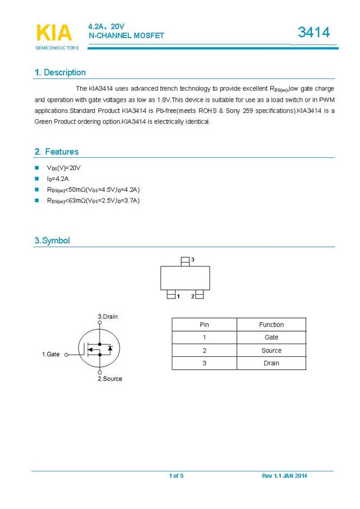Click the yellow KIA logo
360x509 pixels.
point(53,33)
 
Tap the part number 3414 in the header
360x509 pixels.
point(314,33)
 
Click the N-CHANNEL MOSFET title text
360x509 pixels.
point(126,35)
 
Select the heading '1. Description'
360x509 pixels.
point(60,72)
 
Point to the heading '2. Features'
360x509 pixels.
point(57,152)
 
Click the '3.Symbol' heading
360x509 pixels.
point(52,240)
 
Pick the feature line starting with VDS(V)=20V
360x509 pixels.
point(64,168)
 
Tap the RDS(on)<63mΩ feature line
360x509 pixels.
point(94,201)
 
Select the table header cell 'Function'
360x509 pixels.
point(271,325)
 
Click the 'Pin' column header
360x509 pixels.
point(204,325)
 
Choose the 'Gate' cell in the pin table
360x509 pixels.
point(271,338)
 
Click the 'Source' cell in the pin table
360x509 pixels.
point(271,351)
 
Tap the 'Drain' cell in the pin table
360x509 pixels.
point(271,363)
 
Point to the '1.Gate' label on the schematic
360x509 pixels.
point(51,354)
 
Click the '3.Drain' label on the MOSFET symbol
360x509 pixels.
point(108,316)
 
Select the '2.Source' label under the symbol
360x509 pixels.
point(110,378)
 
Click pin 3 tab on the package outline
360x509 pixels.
point(185,261)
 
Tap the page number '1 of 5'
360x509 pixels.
point(176,476)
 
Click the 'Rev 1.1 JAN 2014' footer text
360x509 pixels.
point(284,476)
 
